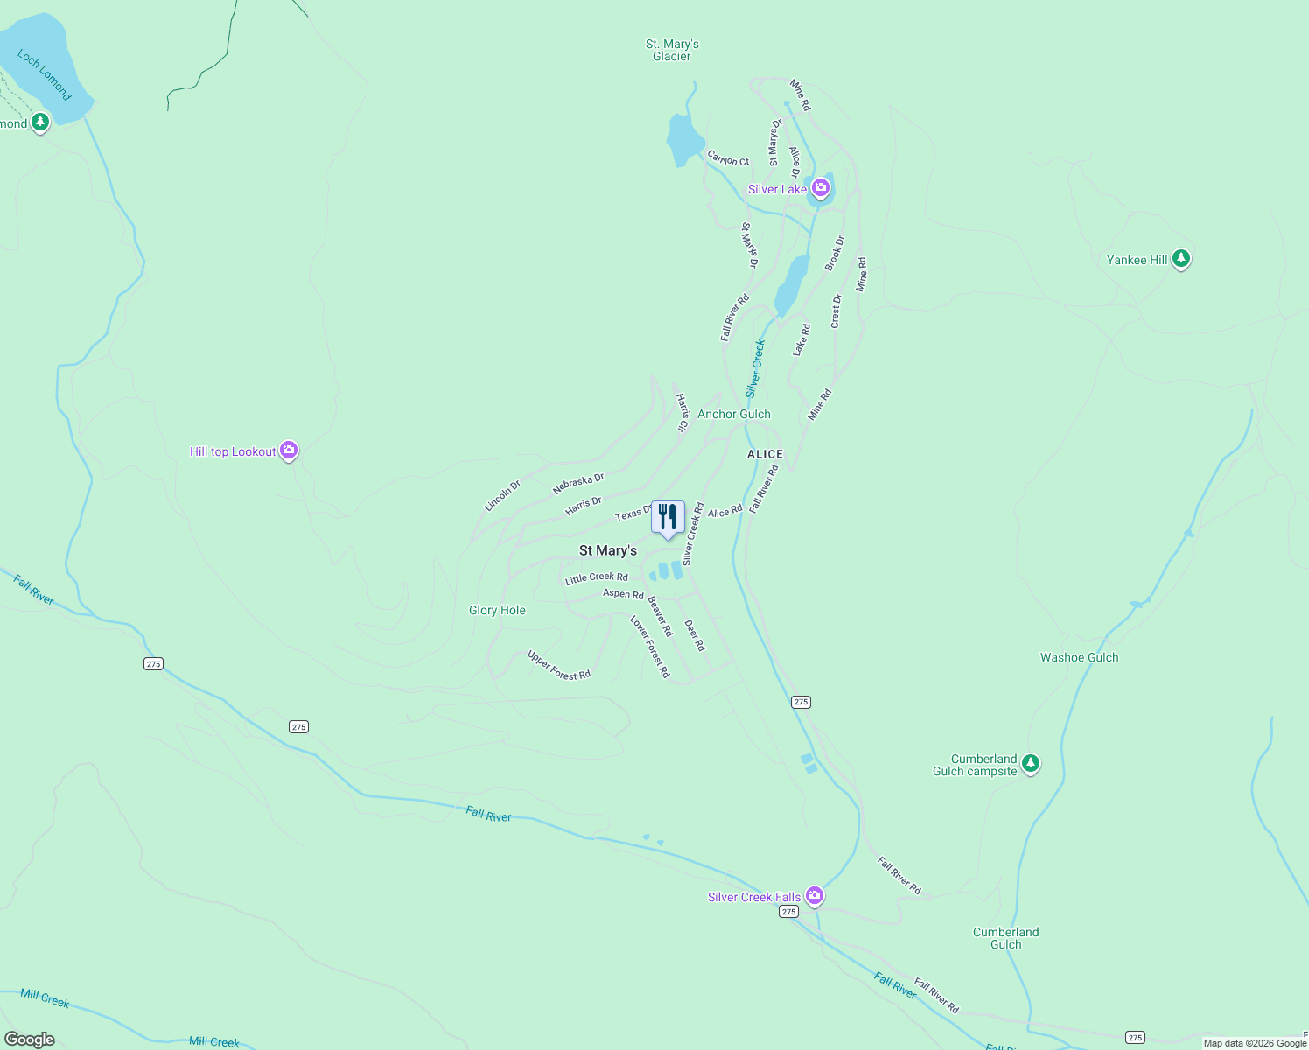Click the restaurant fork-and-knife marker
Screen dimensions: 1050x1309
[668, 517]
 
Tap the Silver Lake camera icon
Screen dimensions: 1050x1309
[820, 187]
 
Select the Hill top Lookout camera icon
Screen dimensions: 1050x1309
[289, 451]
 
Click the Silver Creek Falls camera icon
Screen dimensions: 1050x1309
[815, 895]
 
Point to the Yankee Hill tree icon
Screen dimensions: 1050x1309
[1181, 258]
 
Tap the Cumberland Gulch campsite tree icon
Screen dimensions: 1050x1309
[1031, 763]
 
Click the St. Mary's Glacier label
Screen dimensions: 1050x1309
[672, 50]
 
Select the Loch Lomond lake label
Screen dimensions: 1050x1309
[44, 75]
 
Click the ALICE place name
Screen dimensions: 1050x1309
[765, 454]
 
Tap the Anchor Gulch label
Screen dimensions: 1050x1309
[733, 414]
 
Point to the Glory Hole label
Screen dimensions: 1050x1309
[497, 610]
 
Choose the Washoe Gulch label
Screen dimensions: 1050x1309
[1079, 657]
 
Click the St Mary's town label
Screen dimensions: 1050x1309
[608, 550]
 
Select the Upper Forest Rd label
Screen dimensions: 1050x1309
[559, 665]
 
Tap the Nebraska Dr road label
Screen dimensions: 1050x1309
[578, 484]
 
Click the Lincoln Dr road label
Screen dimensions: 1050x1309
[502, 495]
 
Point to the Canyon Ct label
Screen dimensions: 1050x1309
[728, 158]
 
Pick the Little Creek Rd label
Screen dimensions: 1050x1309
[596, 577]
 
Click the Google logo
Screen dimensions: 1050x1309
[30, 1039]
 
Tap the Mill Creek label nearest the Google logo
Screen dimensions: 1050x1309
[45, 998]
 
